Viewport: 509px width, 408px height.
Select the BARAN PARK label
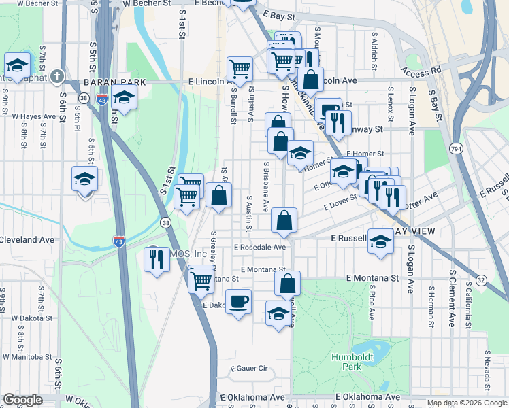(x=105, y=82)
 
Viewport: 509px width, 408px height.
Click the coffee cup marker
(x=238, y=301)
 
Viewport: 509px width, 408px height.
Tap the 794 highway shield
(x=457, y=148)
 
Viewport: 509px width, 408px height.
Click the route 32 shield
(x=481, y=279)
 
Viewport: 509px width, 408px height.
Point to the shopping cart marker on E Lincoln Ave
(x=240, y=68)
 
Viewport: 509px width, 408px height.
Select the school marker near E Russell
(x=380, y=243)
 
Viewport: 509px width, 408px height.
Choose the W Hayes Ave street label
(x=33, y=116)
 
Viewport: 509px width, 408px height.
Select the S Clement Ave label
(x=451, y=297)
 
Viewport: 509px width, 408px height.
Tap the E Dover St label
(x=340, y=203)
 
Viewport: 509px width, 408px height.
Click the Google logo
(x=22, y=400)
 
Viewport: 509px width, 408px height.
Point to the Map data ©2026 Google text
(x=467, y=403)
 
